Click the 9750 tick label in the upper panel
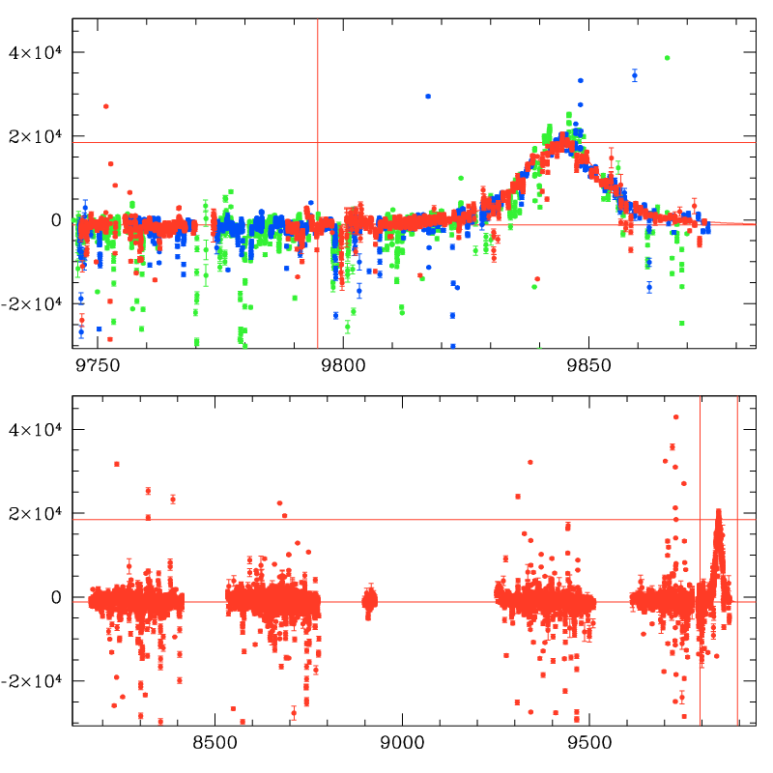99,366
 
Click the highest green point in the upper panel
667,58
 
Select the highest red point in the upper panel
106,106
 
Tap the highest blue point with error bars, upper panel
635,75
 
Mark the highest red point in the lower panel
676,417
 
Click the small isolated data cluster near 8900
369,601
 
